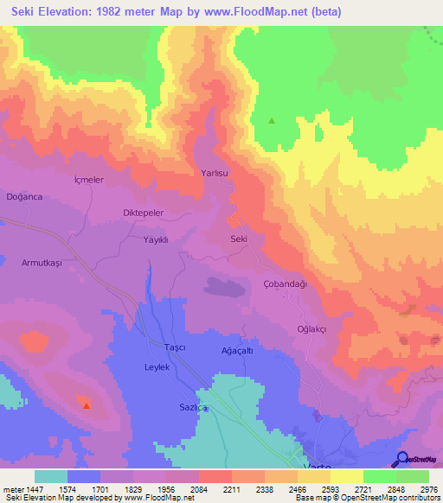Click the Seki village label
coord(240,239)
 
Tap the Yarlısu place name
coord(215,173)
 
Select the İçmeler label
coord(89,180)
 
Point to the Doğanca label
coord(24,197)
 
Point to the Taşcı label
coord(177,347)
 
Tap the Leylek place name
coord(157,367)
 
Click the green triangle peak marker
coord(272,121)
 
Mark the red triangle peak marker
coord(86,404)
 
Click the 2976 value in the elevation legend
coord(417,489)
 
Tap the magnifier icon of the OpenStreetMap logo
coord(401,459)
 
